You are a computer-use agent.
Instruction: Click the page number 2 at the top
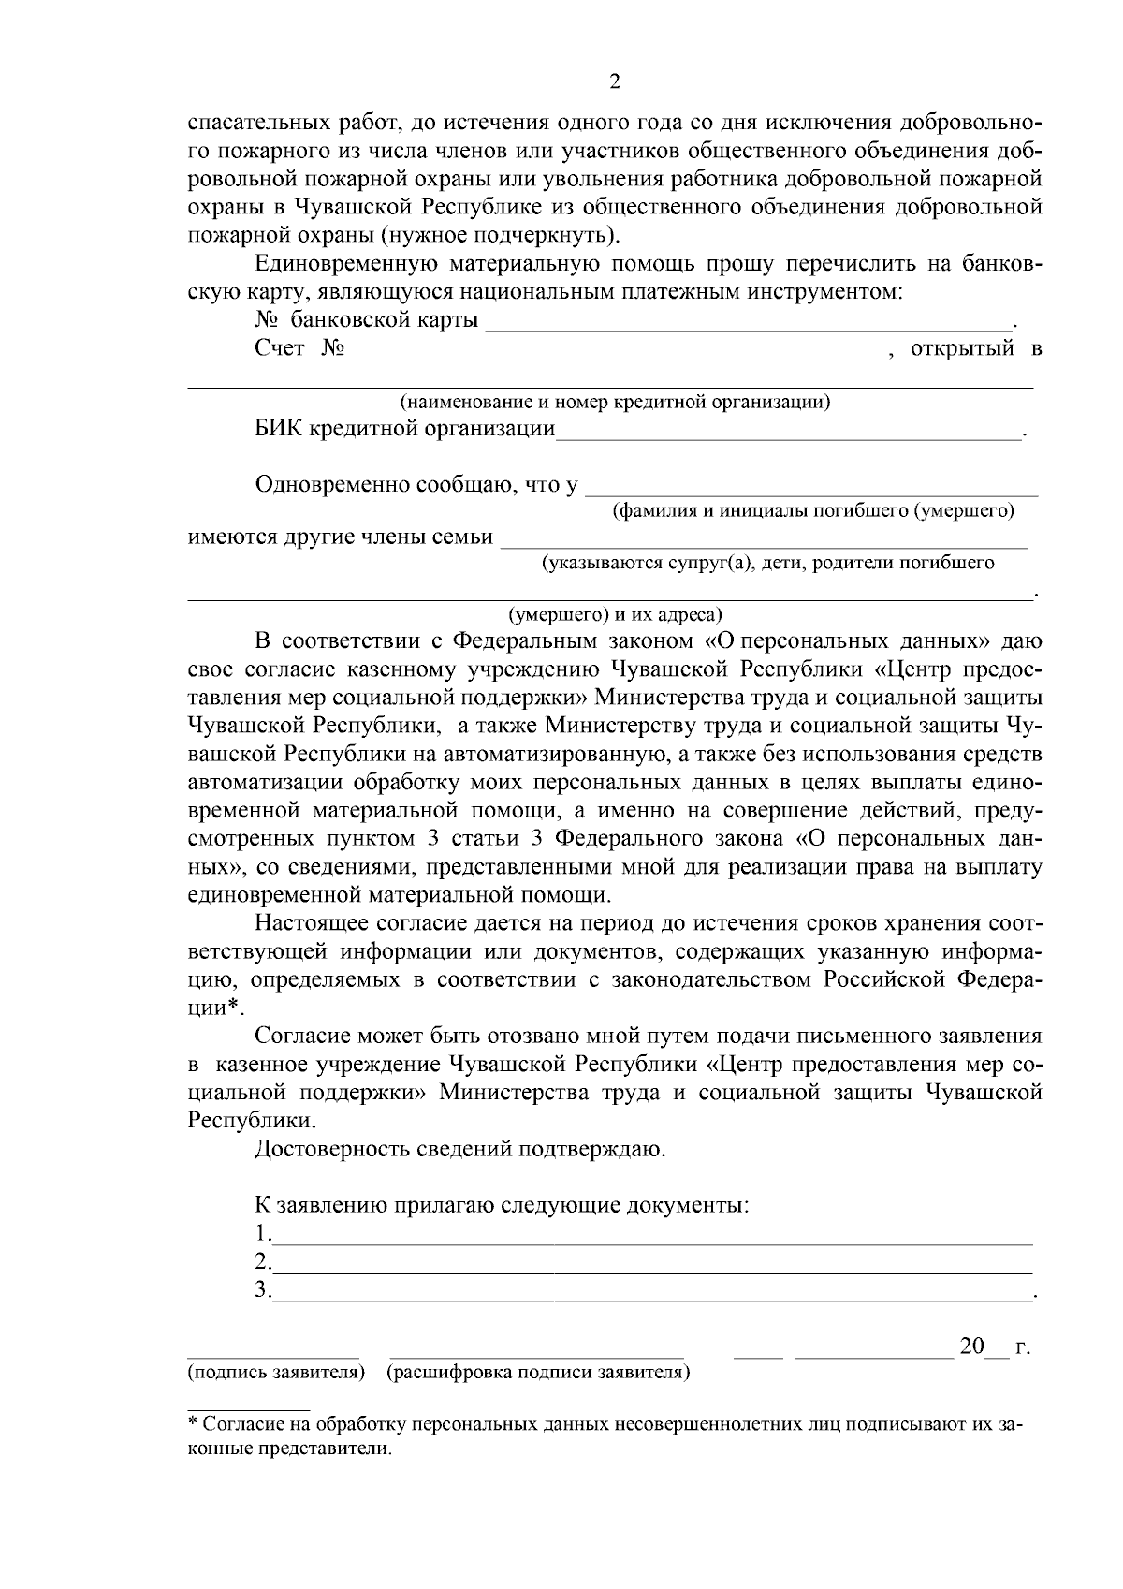point(615,81)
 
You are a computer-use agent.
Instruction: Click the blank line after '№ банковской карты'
point(749,324)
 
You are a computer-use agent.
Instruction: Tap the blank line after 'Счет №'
point(622,354)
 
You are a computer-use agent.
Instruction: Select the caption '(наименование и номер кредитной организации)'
point(615,403)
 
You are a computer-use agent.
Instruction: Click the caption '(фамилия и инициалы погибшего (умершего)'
point(812,511)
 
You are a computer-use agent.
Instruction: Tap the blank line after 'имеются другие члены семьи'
point(764,542)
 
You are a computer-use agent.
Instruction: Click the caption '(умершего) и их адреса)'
point(615,615)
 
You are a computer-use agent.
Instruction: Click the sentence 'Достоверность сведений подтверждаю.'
point(460,1149)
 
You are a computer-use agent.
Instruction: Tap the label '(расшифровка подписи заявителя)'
point(538,1373)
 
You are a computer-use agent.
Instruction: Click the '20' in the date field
point(972,1347)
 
